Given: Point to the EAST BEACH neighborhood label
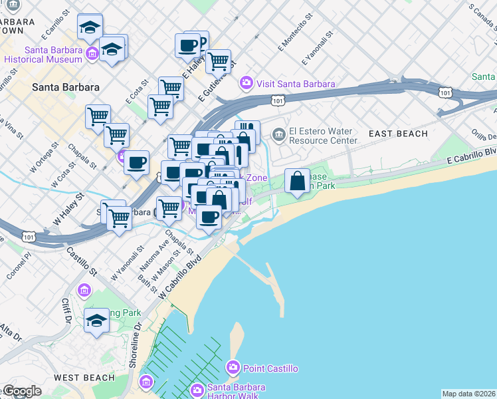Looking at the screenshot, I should [399, 134].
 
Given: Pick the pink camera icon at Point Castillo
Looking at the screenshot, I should [233, 367].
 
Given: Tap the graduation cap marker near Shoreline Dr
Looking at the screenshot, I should [96, 320].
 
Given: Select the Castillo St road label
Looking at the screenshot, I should [81, 262].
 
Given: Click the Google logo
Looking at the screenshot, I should [22, 391].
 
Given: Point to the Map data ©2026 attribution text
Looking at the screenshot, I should [468, 394].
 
